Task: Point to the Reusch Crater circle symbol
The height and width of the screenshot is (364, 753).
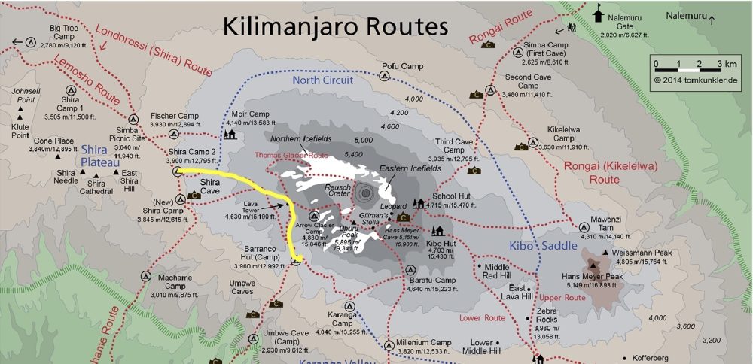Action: pyautogui.click(x=365, y=193)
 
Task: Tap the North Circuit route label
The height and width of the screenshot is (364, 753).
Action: pyautogui.click(x=322, y=80)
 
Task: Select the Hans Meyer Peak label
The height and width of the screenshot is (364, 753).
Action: pyautogui.click(x=593, y=276)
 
